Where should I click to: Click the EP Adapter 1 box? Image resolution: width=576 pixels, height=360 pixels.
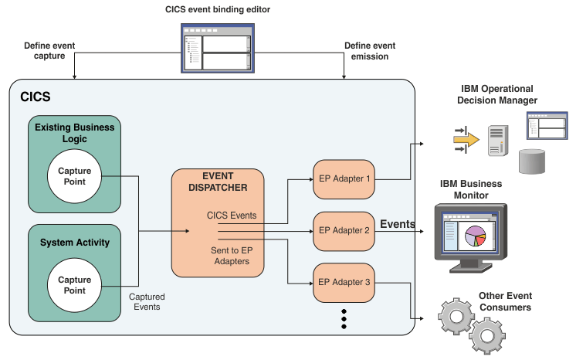[344, 178]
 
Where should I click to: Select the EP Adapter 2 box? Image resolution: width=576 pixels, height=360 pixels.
[344, 230]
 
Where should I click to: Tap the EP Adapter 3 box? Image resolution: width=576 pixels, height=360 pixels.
[344, 282]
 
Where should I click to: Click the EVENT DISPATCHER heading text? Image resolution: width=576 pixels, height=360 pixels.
[219, 182]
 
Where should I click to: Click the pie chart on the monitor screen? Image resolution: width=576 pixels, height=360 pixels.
[476, 236]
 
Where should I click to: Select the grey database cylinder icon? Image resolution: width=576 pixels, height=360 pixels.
[532, 161]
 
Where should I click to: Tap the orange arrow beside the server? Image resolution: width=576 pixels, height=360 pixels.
[466, 139]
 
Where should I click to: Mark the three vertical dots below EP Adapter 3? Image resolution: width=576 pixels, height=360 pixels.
[344, 319]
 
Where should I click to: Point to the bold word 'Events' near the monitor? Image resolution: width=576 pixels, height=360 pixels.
[398, 225]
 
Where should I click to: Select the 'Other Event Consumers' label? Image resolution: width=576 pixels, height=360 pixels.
[505, 301]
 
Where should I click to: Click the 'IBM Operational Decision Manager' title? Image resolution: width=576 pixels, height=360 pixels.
[498, 94]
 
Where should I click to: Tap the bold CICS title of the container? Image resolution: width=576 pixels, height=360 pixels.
[35, 97]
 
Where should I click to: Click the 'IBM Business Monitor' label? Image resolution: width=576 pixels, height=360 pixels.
[471, 189]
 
